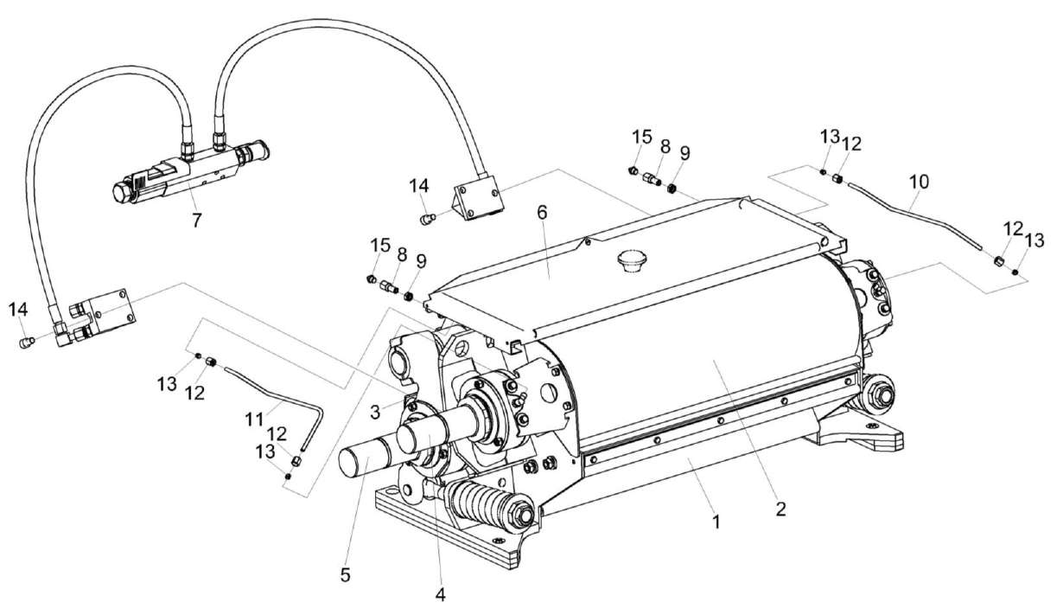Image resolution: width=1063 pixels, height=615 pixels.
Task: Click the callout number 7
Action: [x=196, y=221]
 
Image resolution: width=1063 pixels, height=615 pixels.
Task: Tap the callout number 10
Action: [x=918, y=181]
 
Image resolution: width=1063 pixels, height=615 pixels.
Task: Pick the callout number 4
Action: [x=440, y=594]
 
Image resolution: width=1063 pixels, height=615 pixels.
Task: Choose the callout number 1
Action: [x=714, y=522]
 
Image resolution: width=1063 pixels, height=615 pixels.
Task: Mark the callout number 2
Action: [x=780, y=509]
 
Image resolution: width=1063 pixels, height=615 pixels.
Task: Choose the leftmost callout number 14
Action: [x=18, y=310]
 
